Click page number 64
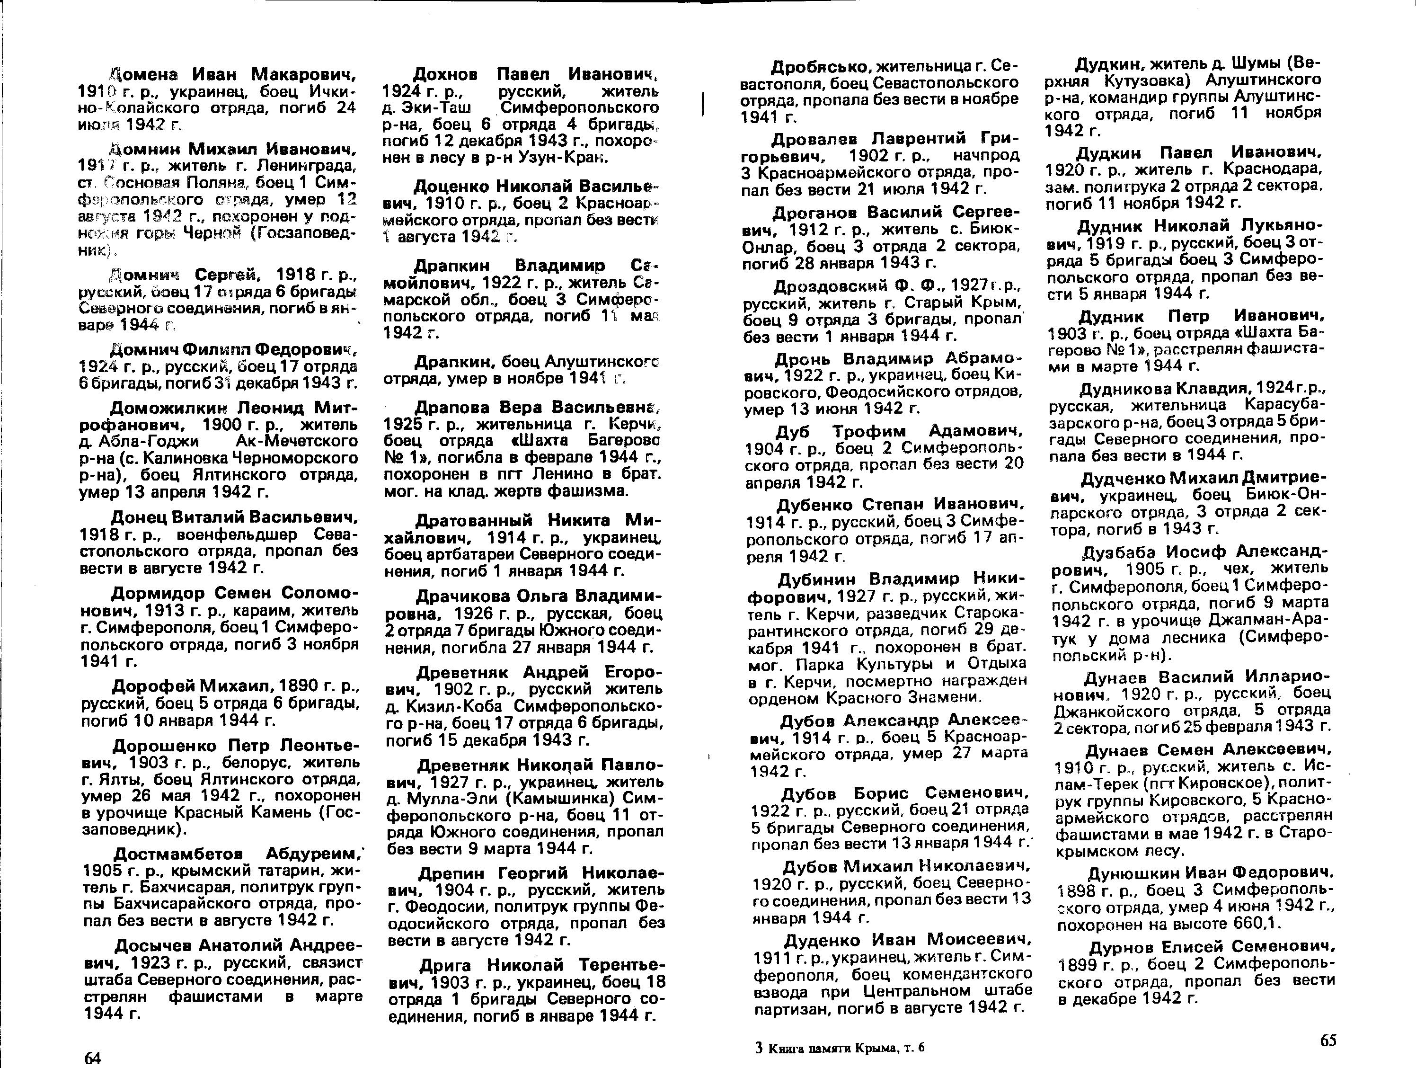[x=93, y=1058]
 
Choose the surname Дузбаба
[x=1119, y=552]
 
